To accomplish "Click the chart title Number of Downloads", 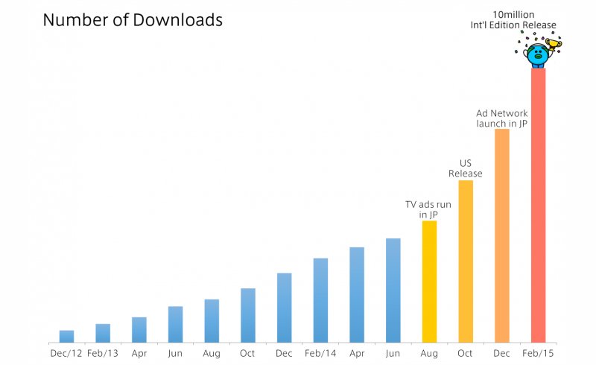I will [x=133, y=20].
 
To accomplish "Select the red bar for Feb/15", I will [x=538, y=205].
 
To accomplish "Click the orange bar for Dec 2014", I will [x=501, y=235].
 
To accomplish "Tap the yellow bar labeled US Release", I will [x=466, y=261].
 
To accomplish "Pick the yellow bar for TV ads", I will [x=429, y=282].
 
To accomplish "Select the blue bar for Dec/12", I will [x=66, y=336].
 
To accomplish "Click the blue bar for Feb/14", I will [x=320, y=299].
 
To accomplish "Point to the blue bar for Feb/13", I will [x=103, y=333].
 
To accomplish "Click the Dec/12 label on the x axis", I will [x=66, y=353].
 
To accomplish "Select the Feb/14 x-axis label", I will [x=320, y=353].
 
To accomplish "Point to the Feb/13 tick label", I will [x=103, y=353].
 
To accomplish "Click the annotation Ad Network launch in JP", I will [x=502, y=118].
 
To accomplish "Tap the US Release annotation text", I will [x=466, y=168].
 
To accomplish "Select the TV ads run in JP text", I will [x=428, y=209].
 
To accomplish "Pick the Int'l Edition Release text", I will [x=524, y=25].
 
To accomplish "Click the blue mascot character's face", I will [x=536, y=54].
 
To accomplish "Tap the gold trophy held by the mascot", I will [x=554, y=45].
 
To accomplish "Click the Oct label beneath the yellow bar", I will [x=466, y=353].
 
